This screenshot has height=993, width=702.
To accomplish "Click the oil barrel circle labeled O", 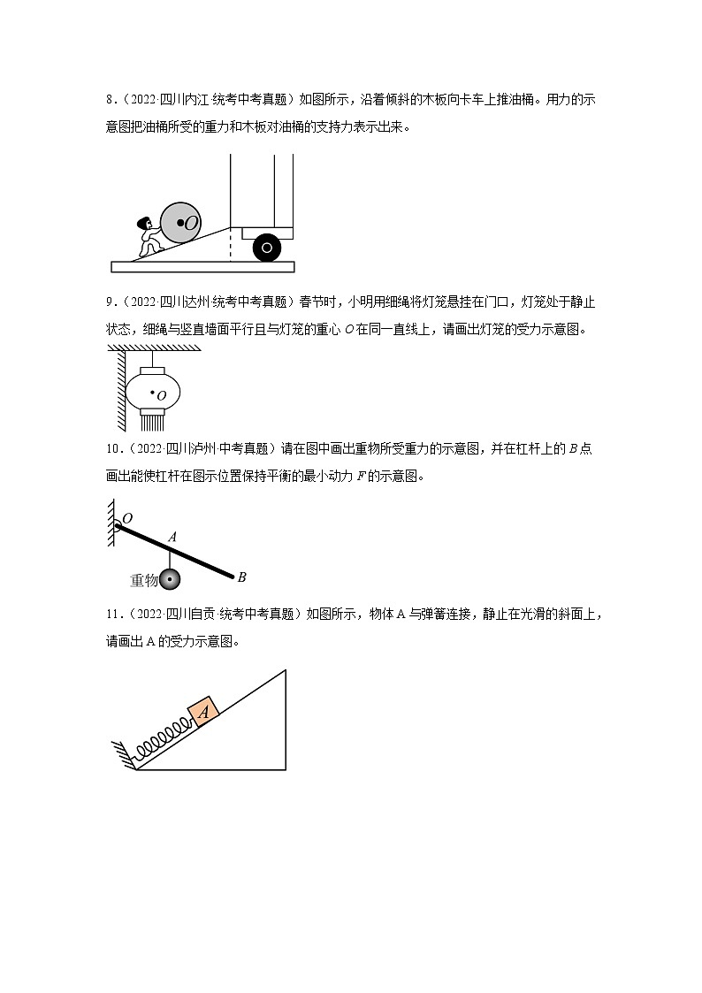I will tap(183, 222).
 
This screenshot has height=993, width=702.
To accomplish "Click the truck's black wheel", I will tap(267, 248).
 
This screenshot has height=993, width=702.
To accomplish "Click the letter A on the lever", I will tap(172, 537).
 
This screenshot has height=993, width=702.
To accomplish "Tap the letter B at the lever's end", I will tap(241, 577).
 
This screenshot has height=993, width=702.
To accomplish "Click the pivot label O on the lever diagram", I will tap(127, 517).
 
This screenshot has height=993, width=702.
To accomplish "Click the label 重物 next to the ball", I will tap(143, 580).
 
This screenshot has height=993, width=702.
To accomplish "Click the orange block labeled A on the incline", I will tap(202, 711).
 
